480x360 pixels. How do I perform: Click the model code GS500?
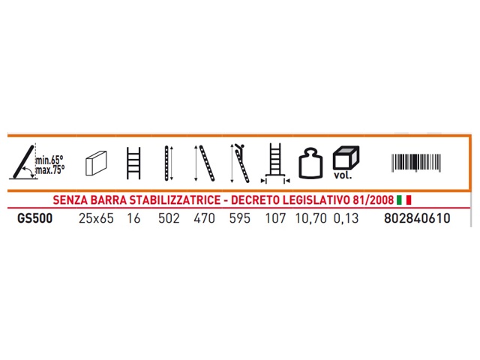click(35, 218)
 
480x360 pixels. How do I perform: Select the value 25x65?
click(96, 218)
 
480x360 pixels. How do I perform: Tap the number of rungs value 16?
click(133, 218)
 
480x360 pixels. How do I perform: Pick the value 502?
click(169, 218)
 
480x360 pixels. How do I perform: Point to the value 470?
click(204, 218)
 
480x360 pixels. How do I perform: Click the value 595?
click(240, 218)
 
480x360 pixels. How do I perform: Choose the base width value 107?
click(275, 218)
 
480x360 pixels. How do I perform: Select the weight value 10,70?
click(310, 218)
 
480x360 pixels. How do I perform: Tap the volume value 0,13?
click(346, 218)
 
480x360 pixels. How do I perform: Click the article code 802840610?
click(417, 218)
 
